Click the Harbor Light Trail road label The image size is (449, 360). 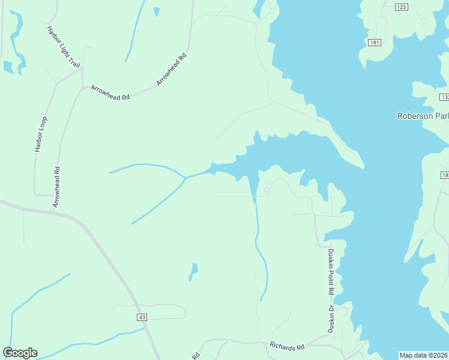63,46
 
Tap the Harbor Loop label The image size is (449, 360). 41,134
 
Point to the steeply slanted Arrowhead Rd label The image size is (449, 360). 172,69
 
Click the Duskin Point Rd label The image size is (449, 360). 330,271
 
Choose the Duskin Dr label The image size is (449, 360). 330,319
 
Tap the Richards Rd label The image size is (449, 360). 287,346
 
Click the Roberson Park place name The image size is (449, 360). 423,116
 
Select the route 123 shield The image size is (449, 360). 402,7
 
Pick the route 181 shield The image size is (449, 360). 375,43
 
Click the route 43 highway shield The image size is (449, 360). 142,317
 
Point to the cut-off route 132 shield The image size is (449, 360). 444,97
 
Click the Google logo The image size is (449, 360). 20,353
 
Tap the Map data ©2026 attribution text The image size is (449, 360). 424,355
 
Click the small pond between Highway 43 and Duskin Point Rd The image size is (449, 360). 193,272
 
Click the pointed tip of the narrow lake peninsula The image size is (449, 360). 362,166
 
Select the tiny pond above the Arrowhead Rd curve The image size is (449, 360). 157,11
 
